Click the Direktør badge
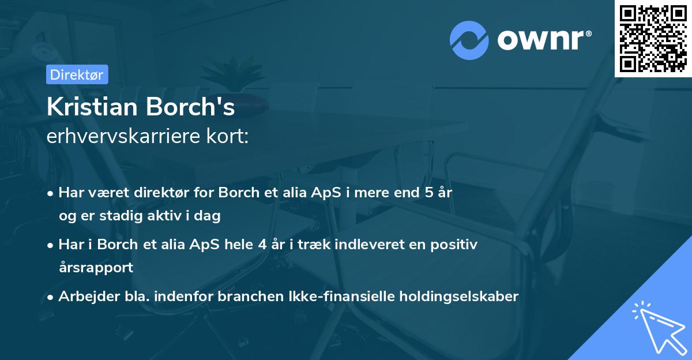[77, 74]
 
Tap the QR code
[653, 39]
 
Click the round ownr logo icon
[469, 40]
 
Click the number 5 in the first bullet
[428, 193]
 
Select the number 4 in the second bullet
[262, 244]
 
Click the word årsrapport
[96, 267]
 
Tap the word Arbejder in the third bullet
[83, 297]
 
